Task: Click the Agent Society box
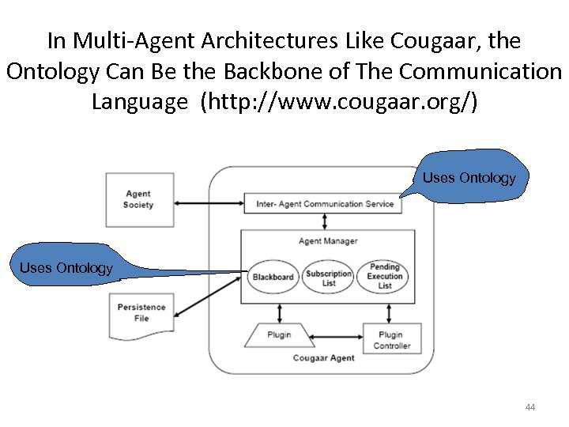point(138,199)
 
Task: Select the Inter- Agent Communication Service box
point(325,204)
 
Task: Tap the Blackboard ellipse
point(273,277)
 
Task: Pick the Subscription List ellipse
point(329,278)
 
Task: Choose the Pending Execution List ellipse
point(385,276)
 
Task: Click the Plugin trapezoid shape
point(279,334)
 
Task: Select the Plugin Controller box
point(391,340)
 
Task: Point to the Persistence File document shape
point(141,313)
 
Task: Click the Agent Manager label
point(328,241)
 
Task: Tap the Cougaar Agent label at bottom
point(323,358)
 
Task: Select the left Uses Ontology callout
point(66,268)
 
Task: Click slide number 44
point(529,407)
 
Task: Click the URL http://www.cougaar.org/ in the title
point(340,102)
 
